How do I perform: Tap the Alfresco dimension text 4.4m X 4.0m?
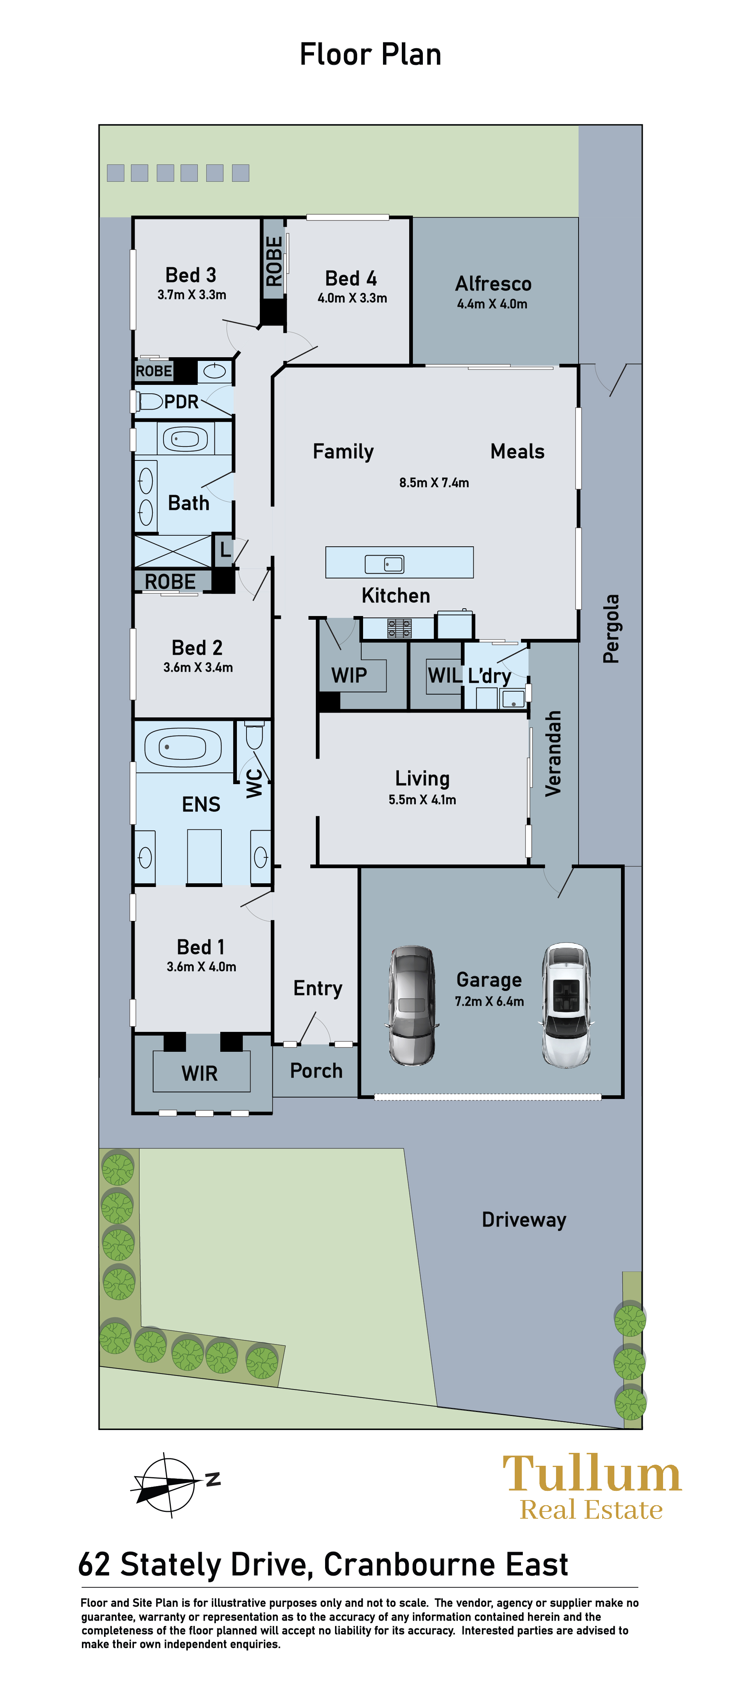[x=492, y=304]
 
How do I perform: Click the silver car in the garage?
[x=412, y=1005]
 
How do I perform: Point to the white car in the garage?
[x=566, y=1005]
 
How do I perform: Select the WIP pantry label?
[x=349, y=675]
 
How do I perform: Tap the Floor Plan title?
[x=370, y=54]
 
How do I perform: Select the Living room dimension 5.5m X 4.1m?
[x=422, y=800]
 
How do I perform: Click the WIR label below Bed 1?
[x=200, y=1074]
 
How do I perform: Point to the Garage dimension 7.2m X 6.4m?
[x=490, y=1001]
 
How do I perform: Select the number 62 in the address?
[x=93, y=1565]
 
